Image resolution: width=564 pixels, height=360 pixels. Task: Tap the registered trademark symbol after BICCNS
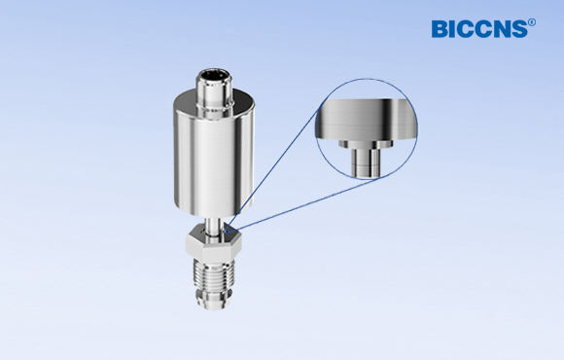[531, 21]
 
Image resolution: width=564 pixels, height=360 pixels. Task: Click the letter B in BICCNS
[440, 29]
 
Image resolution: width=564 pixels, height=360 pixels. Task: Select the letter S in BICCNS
[517, 29]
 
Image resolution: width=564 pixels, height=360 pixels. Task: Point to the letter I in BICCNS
[453, 29]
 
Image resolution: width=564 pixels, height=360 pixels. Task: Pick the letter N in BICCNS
[500, 29]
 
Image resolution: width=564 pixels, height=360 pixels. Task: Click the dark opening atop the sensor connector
[214, 73]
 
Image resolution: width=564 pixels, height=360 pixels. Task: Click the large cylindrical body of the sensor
[214, 156]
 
